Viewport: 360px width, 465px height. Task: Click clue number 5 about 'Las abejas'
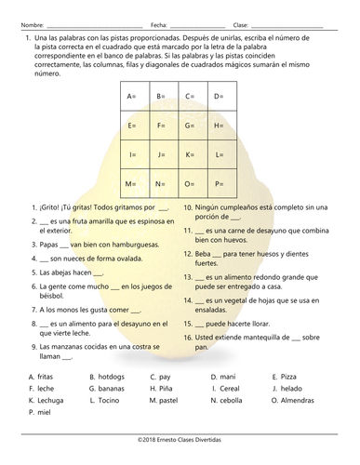coord(68,272)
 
